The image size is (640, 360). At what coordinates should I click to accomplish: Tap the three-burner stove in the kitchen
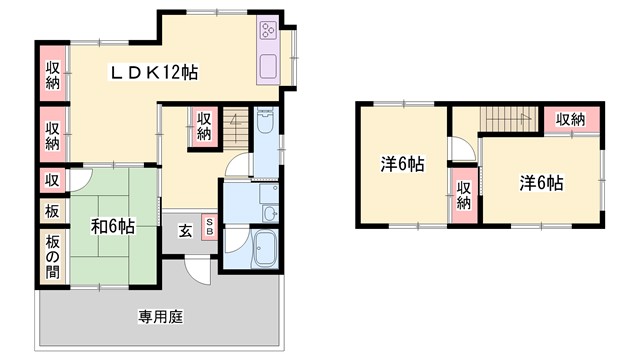(x=269, y=30)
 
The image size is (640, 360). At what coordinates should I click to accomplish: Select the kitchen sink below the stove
(x=269, y=68)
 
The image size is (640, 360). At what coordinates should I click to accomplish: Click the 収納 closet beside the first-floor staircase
(x=203, y=125)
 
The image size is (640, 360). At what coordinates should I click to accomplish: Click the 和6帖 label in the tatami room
(x=113, y=227)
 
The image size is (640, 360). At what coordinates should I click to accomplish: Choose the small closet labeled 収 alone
(x=52, y=180)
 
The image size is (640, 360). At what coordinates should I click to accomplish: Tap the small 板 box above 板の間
(x=52, y=212)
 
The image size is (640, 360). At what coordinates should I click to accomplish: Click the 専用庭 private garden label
(x=160, y=319)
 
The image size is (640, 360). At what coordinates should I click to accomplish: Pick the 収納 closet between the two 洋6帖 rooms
(x=464, y=193)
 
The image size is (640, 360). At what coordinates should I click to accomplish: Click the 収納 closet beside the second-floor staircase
(x=570, y=120)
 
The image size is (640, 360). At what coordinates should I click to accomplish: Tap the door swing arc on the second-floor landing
(x=459, y=151)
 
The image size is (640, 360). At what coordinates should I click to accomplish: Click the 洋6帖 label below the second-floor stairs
(x=540, y=184)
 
